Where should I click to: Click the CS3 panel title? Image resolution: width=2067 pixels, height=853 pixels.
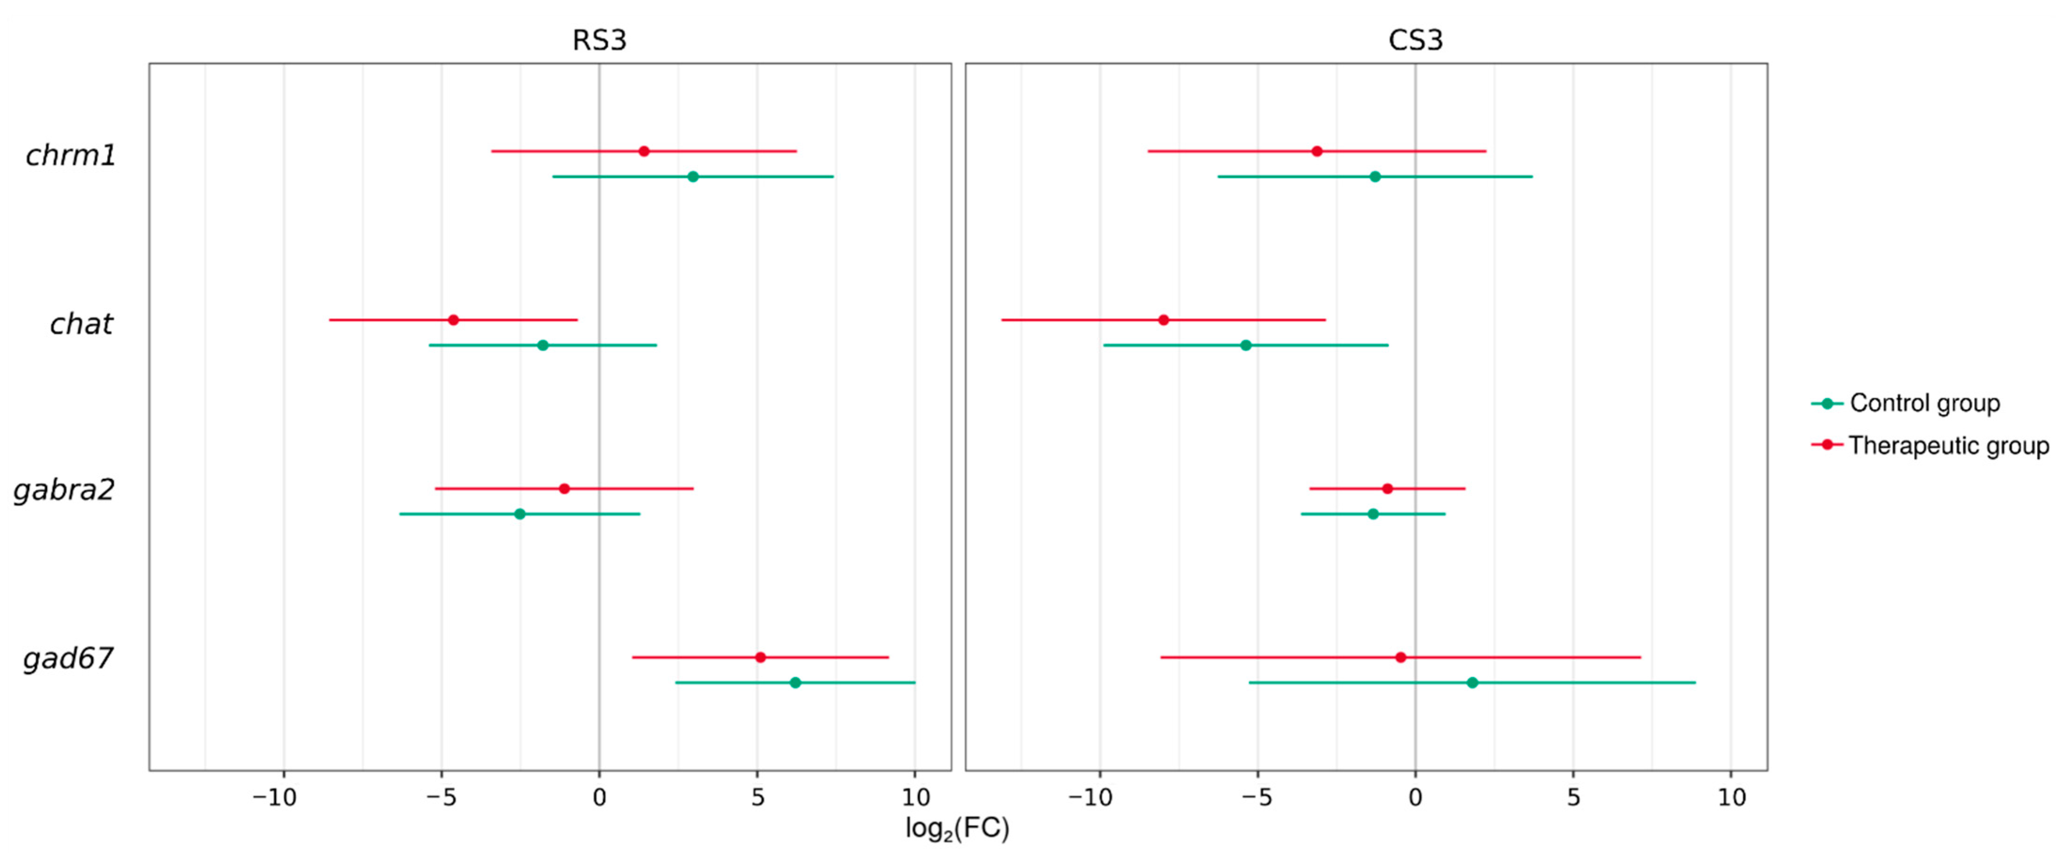tap(1415, 40)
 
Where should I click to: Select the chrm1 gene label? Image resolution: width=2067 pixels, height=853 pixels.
tap(71, 155)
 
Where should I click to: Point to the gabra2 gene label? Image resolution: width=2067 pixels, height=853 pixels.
tap(64, 490)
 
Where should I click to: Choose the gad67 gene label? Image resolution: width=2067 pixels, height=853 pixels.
tap(68, 659)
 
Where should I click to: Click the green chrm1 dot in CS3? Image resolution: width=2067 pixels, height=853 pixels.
tap(1374, 177)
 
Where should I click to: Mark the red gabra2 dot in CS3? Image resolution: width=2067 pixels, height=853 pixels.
tap(1388, 489)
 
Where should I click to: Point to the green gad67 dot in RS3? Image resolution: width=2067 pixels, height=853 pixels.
tap(795, 683)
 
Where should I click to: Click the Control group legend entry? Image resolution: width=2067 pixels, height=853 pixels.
tap(1906, 403)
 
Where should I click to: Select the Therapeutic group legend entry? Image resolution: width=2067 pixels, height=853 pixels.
tap(1930, 446)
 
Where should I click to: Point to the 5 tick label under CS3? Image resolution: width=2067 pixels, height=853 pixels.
tap(1573, 798)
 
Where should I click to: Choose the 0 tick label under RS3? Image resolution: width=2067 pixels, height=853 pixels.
tap(600, 798)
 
